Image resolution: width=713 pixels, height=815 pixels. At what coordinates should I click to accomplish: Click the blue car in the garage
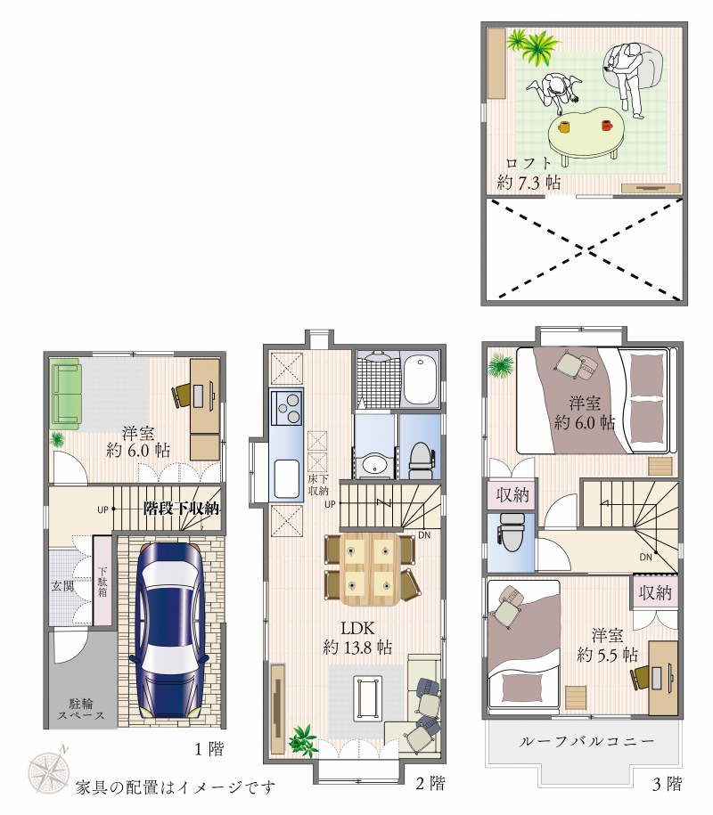[x=169, y=629]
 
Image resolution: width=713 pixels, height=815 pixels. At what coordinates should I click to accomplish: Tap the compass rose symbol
[x=49, y=771]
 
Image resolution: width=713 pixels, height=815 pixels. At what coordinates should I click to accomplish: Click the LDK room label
[x=357, y=628]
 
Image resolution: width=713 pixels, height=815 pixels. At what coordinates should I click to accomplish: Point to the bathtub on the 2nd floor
[x=421, y=379]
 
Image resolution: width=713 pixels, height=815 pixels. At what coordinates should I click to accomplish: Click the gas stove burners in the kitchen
[x=287, y=407]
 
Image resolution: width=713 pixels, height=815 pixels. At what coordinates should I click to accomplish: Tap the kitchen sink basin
[x=287, y=478]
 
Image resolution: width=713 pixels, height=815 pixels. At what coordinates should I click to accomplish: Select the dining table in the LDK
[x=370, y=568]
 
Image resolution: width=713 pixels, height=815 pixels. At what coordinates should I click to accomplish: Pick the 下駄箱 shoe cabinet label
[x=102, y=581]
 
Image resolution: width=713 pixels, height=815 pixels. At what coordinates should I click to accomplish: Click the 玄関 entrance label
[x=62, y=586]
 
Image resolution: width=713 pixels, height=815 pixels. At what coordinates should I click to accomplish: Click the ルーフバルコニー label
[x=586, y=741]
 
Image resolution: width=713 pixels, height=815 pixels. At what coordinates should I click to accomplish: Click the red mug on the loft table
[x=606, y=126]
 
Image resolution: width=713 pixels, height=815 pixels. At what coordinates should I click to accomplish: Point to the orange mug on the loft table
[x=564, y=126]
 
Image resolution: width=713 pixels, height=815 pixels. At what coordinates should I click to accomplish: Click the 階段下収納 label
[x=182, y=508]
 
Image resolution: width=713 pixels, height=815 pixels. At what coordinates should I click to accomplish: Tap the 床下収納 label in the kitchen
[x=318, y=485]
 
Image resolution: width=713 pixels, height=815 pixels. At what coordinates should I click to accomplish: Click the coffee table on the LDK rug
[x=368, y=698]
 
